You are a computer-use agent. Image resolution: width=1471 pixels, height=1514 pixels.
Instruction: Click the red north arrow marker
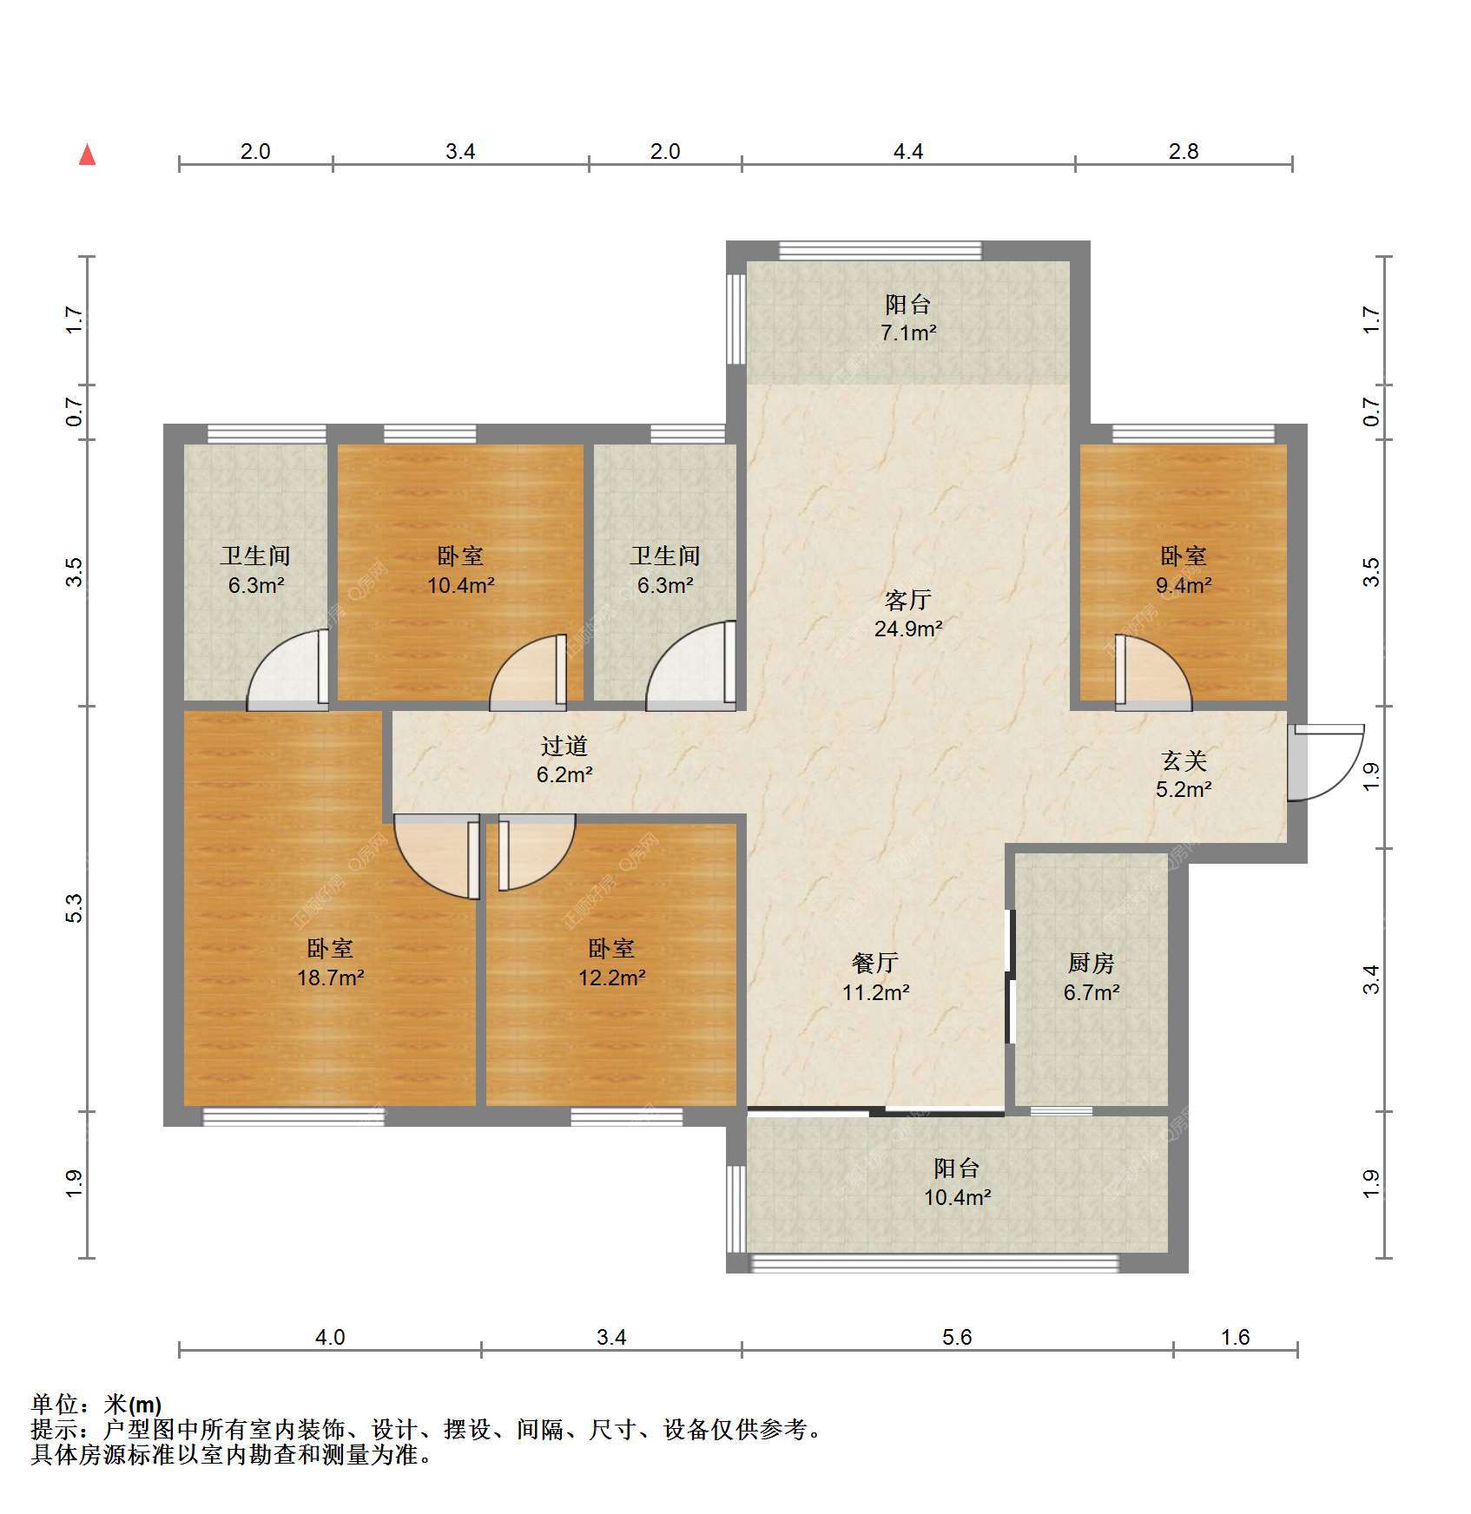tap(87, 155)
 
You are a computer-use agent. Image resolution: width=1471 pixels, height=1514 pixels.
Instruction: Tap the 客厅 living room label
tap(908, 600)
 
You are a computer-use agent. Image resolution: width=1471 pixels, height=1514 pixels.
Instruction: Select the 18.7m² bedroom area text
tap(330, 978)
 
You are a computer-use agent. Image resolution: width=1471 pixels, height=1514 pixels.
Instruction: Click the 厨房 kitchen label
tap(1092, 963)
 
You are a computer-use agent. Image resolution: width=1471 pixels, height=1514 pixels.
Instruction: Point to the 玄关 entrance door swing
tap(1325, 762)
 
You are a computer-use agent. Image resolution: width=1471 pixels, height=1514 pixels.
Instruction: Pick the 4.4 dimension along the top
tap(908, 152)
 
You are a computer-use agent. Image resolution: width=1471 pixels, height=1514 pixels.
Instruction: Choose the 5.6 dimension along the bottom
tap(957, 1338)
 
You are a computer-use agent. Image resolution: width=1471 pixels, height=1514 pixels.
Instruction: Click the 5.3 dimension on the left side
tap(75, 908)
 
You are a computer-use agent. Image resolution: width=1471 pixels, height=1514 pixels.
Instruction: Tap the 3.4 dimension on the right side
tap(1371, 980)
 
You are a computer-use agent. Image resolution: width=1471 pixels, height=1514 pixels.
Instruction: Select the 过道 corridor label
tap(564, 746)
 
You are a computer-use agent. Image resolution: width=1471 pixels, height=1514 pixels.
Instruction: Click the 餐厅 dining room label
tap(875, 963)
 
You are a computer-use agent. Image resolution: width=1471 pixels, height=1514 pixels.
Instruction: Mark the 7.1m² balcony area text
tap(908, 332)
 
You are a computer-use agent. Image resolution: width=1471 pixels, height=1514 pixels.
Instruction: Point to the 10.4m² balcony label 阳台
tap(957, 1168)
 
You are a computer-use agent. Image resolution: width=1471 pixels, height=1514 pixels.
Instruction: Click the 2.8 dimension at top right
tap(1184, 152)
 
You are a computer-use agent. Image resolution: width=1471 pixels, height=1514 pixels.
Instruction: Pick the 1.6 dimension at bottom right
tap(1235, 1338)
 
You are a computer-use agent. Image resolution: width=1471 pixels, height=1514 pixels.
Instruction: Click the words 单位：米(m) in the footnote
tap(96, 1405)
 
